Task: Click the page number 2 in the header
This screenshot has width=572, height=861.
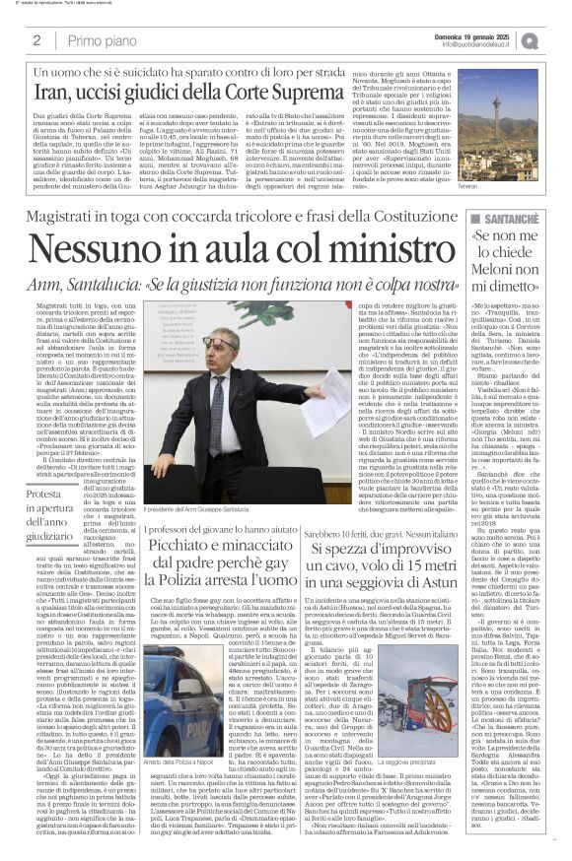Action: (x=36, y=40)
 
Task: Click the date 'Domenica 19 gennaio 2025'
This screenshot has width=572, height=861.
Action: (x=474, y=35)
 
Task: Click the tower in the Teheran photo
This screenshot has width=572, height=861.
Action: (x=521, y=128)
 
